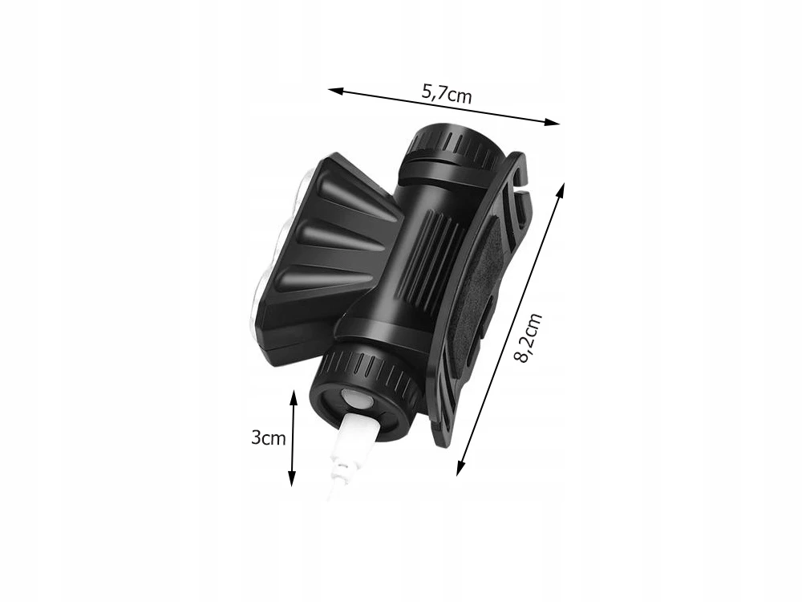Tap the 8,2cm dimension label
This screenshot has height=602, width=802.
pos(528,338)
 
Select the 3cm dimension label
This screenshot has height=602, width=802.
pos(268,437)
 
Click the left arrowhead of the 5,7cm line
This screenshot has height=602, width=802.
pos(335,91)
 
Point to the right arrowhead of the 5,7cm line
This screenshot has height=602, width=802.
pos(553,122)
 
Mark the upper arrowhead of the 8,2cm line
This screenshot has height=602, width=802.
pos(561,190)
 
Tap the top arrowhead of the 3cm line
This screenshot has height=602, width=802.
pos(293,397)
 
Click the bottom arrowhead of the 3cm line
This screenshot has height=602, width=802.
pos(292,478)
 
